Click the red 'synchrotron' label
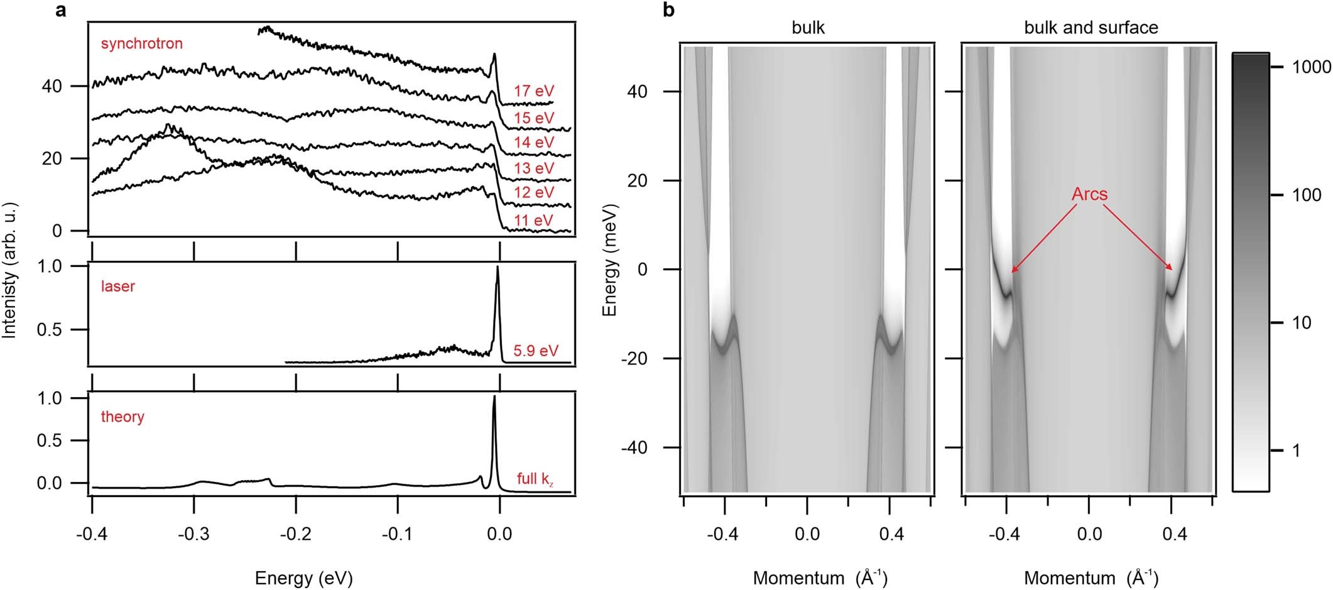click(x=141, y=43)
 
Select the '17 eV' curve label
click(x=534, y=91)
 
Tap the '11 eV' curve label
click(x=534, y=221)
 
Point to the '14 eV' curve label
click(x=534, y=143)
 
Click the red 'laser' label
click(x=118, y=287)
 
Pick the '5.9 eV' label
click(x=535, y=351)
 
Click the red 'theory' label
click(x=122, y=417)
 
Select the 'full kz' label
click(x=535, y=479)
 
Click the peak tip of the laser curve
click(x=498, y=267)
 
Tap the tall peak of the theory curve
click(x=494, y=397)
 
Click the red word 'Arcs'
click(x=1089, y=194)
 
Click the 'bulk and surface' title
click(x=1091, y=28)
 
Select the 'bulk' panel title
click(x=808, y=28)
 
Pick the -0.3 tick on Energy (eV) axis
click(x=193, y=535)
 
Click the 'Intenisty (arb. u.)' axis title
click(x=9, y=270)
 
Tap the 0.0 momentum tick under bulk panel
click(x=807, y=535)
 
